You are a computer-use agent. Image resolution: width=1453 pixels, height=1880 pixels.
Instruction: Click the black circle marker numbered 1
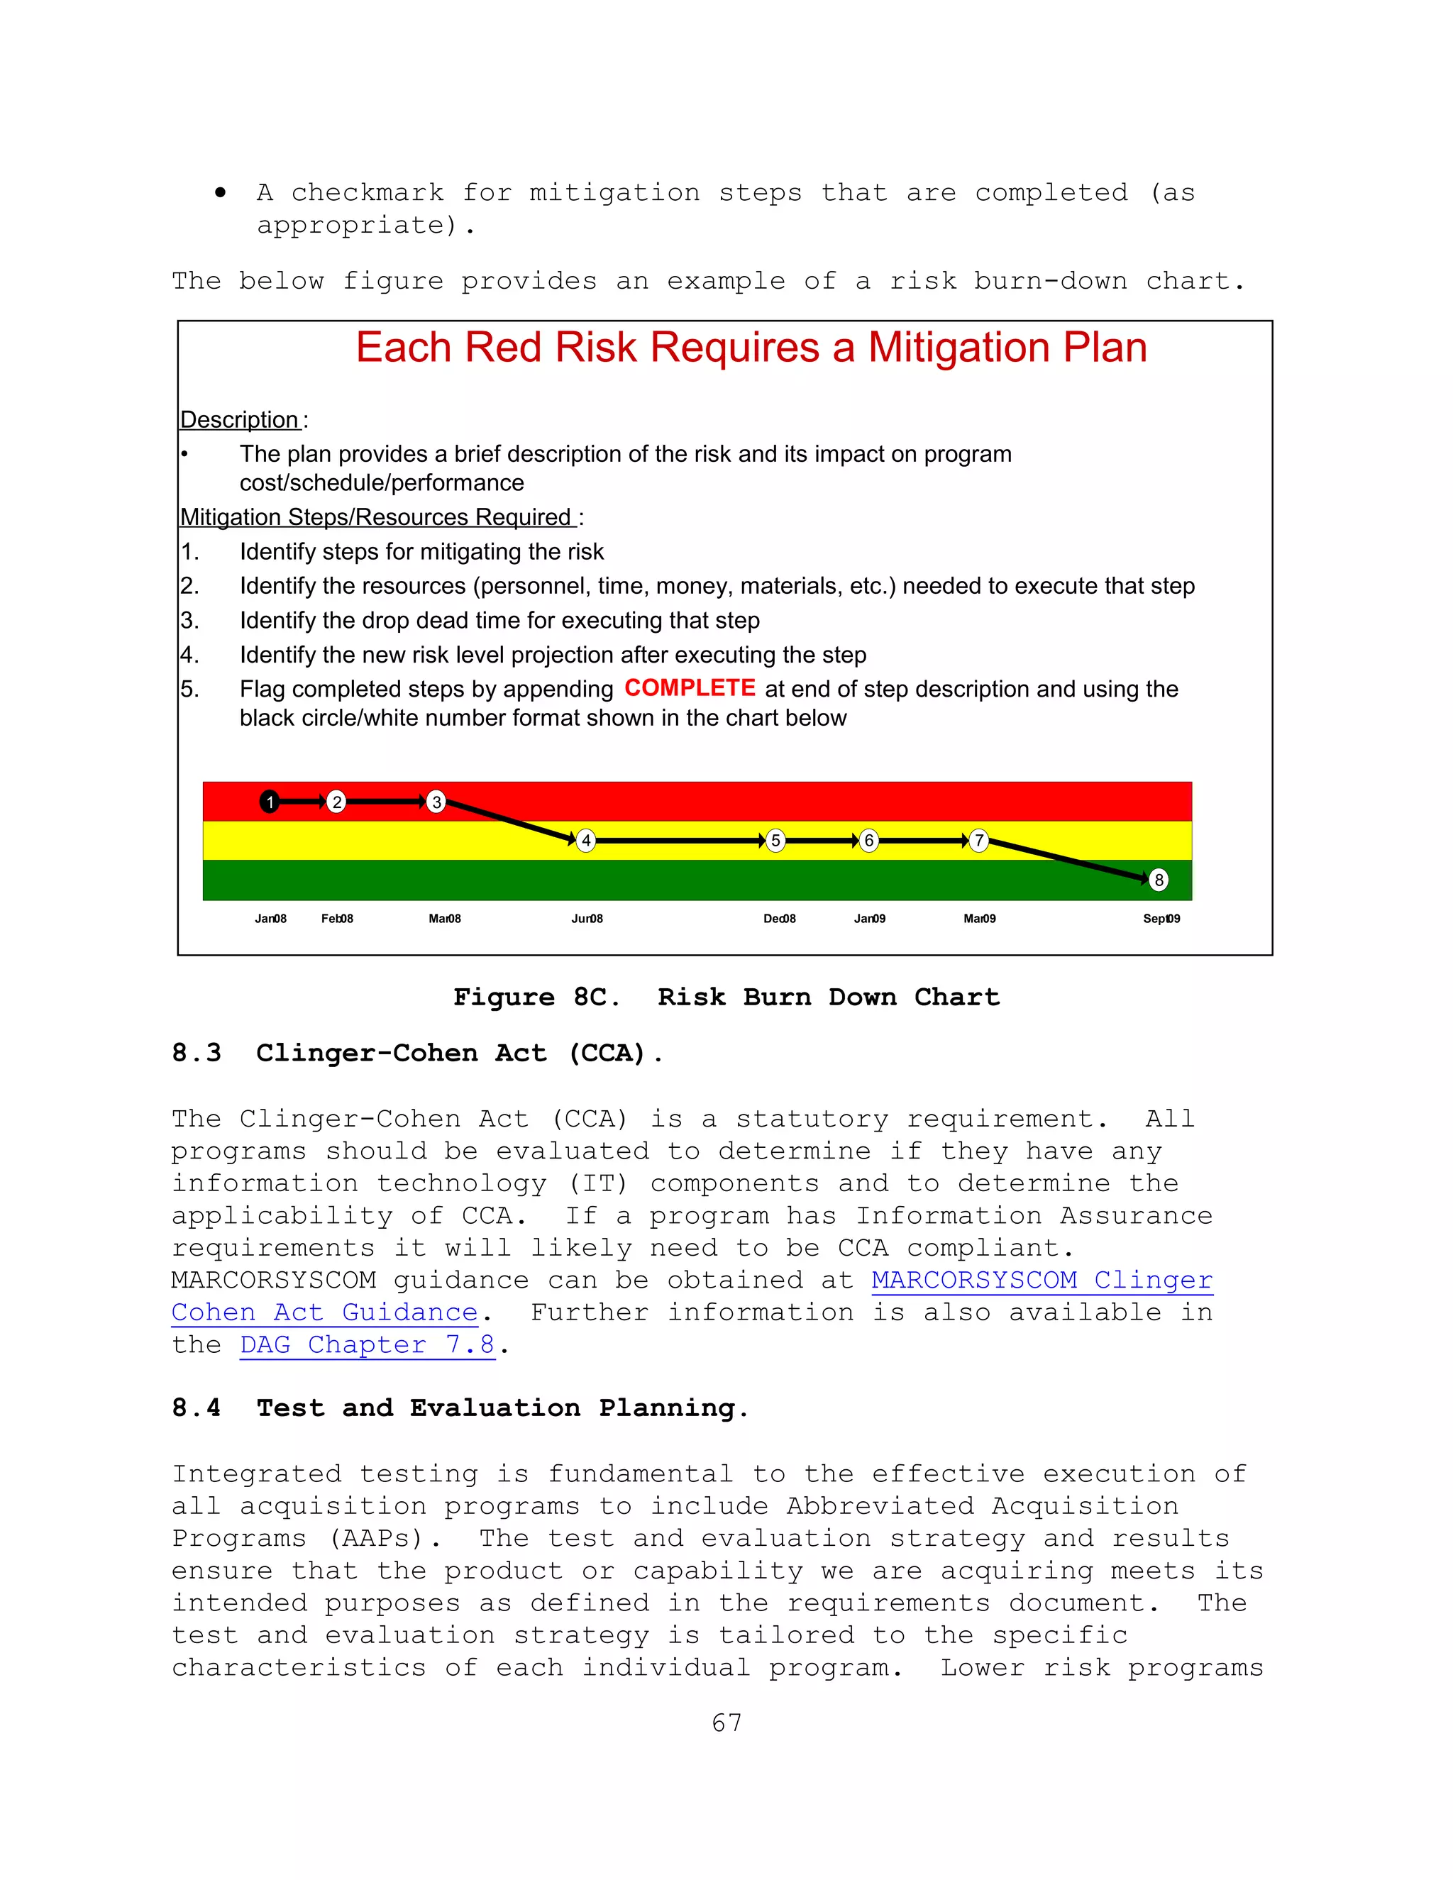[x=270, y=802]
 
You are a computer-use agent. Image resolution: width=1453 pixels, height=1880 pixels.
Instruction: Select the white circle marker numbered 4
[x=586, y=840]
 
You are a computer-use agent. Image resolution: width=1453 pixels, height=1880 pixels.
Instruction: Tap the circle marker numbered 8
[x=1159, y=880]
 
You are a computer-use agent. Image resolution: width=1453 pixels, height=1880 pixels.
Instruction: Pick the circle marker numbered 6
[x=868, y=840]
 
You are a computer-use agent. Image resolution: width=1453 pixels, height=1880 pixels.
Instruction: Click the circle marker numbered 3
[x=436, y=802]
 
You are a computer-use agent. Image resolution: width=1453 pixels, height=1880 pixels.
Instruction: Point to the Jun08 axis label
[x=587, y=919]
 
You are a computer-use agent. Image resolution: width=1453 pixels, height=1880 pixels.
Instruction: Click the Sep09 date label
[x=1161, y=919]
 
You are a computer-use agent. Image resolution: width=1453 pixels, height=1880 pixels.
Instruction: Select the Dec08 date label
[x=779, y=919]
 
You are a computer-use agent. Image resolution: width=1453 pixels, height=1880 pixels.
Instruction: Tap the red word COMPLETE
[x=690, y=687]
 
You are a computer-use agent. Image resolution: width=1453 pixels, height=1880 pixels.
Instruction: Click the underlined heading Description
[x=239, y=420]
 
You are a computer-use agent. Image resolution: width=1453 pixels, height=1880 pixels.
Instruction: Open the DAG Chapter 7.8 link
[x=367, y=1344]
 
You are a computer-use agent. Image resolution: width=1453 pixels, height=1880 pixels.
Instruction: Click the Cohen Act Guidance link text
[x=324, y=1312]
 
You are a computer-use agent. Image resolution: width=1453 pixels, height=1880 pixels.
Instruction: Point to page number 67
[x=726, y=1723]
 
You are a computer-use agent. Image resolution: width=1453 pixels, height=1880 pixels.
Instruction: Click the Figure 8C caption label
[x=536, y=997]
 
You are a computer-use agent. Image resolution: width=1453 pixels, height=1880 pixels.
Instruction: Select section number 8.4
[x=197, y=1408]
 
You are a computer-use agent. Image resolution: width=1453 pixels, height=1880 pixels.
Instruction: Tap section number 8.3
[x=197, y=1053]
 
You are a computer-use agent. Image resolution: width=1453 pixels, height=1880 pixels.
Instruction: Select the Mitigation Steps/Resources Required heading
[x=376, y=517]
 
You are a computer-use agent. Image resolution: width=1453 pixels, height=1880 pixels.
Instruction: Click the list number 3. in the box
[x=189, y=621]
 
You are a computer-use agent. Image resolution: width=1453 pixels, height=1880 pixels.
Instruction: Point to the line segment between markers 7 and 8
[x=1067, y=859]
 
